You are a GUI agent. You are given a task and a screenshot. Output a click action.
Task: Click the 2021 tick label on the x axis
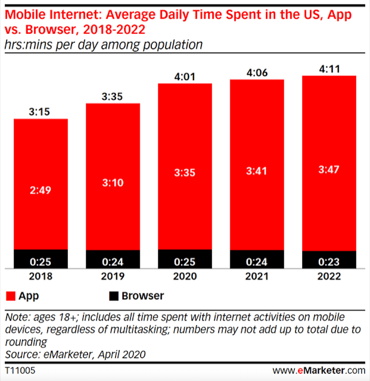(x=257, y=276)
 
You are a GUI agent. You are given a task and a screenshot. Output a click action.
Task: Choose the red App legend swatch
(x=11, y=296)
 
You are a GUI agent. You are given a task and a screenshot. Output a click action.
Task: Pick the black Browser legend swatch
(x=114, y=296)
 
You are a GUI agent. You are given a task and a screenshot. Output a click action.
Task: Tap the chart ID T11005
(x=20, y=371)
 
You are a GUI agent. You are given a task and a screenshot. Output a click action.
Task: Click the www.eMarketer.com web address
(x=319, y=371)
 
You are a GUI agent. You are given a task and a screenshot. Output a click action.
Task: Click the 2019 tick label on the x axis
(x=113, y=276)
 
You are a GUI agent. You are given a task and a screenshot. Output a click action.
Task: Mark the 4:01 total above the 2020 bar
(x=185, y=76)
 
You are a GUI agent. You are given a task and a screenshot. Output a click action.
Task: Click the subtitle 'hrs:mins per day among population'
(x=104, y=44)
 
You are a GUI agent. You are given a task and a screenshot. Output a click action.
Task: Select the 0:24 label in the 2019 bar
(x=113, y=262)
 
